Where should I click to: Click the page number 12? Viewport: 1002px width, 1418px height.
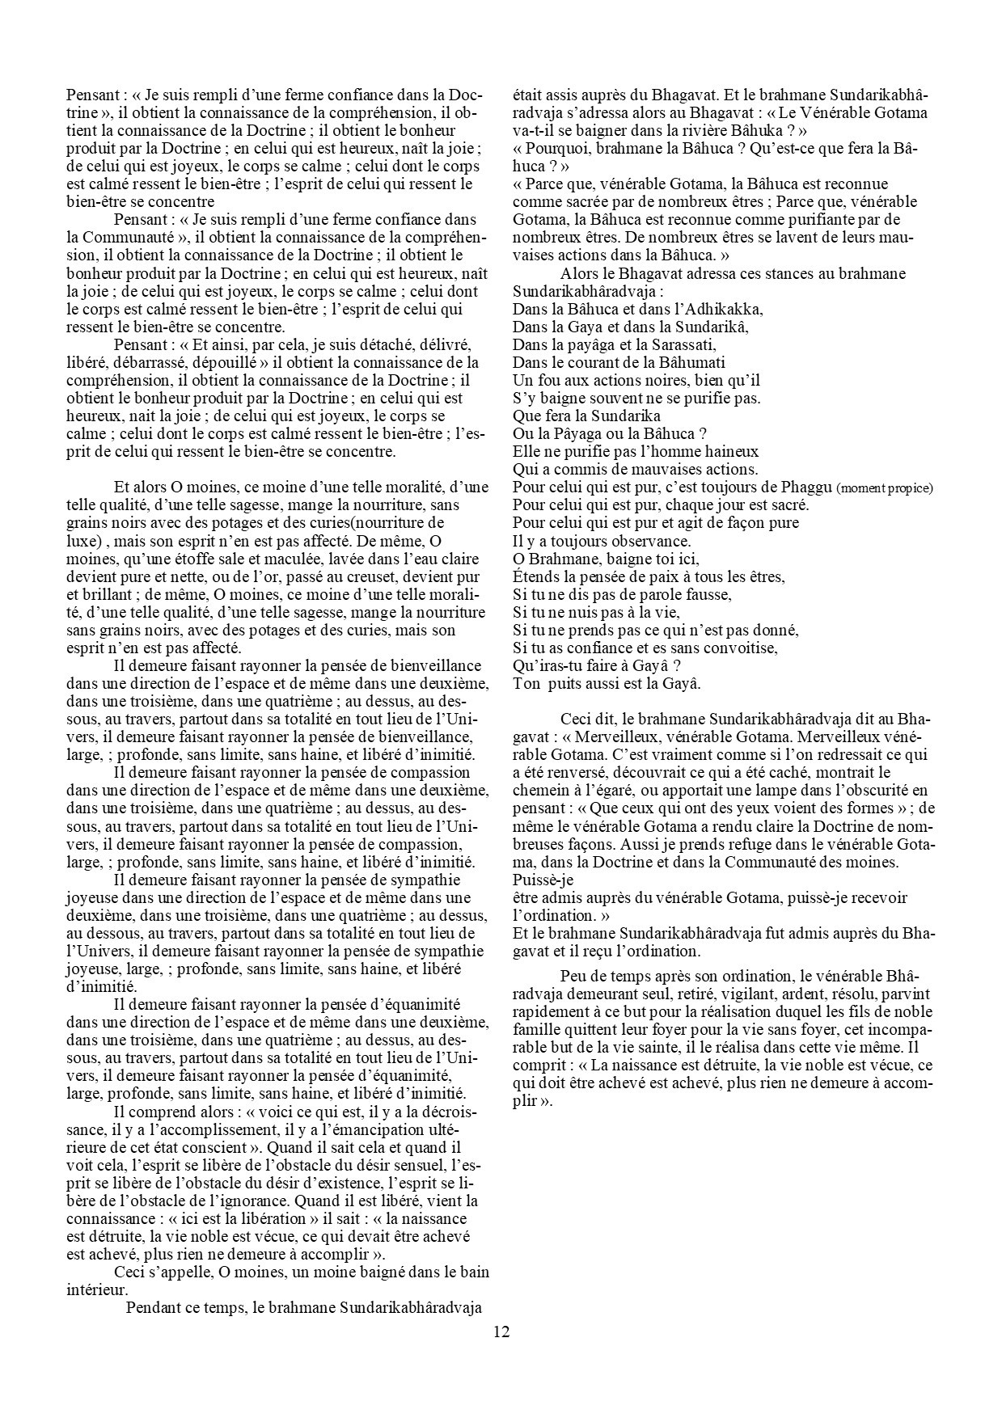(501, 1332)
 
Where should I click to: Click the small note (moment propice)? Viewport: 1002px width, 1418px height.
(885, 488)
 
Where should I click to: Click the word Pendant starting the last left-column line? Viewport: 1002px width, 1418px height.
(157, 1308)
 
